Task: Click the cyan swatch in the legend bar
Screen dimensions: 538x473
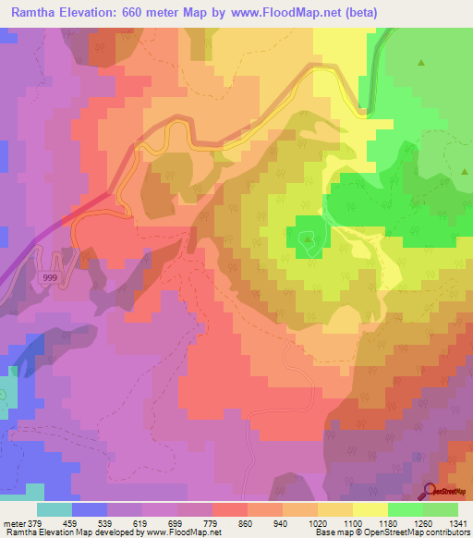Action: (55, 508)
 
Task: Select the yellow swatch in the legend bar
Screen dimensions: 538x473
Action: (370, 508)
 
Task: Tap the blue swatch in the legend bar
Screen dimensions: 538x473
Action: (90, 508)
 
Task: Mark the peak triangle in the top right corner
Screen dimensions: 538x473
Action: (421, 63)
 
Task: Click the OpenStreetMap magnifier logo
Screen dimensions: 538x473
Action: (431, 491)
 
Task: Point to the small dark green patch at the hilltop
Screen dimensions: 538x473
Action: (308, 238)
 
